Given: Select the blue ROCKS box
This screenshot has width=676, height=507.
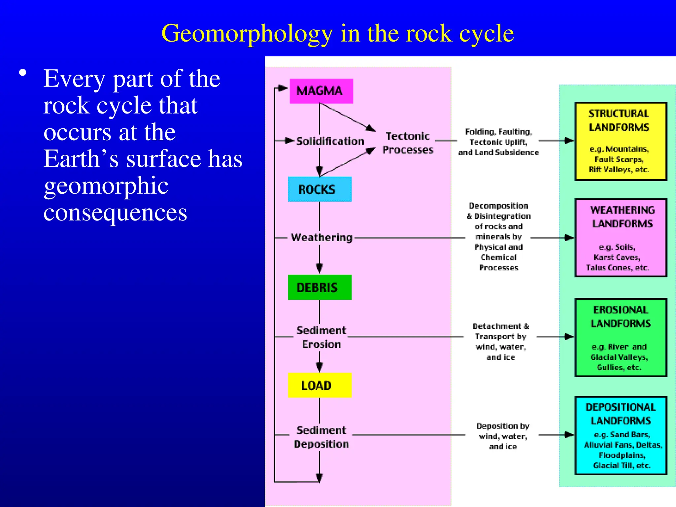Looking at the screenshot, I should click(x=320, y=189).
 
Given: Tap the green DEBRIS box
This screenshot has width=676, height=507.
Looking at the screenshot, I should click(x=320, y=287).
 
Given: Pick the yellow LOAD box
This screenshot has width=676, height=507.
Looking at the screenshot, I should click(x=320, y=385).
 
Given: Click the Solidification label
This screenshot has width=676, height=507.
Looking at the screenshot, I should click(x=330, y=141).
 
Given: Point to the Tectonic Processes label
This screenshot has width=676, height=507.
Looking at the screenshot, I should click(x=408, y=143).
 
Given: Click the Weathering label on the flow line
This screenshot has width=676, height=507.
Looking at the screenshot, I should click(x=321, y=238).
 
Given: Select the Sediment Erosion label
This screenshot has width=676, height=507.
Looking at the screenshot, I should click(x=321, y=337).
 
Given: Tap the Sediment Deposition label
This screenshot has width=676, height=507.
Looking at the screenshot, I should click(x=321, y=437).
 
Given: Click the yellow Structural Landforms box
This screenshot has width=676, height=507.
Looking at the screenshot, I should click(x=621, y=141).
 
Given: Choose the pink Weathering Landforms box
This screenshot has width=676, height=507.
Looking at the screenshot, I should click(x=621, y=238).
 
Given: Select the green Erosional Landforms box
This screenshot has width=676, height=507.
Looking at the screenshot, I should click(x=621, y=337).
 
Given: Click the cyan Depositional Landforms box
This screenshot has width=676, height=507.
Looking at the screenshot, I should click(x=621, y=435).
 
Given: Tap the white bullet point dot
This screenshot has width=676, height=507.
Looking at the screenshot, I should click(x=22, y=73).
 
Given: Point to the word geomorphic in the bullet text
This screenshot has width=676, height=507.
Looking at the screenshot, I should click(x=106, y=186).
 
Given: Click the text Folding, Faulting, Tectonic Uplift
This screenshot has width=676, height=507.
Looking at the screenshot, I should click(x=498, y=137).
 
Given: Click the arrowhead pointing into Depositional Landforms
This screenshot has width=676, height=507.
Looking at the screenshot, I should click(x=569, y=435).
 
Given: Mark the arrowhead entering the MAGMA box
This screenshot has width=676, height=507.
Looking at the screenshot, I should click(x=283, y=88).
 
